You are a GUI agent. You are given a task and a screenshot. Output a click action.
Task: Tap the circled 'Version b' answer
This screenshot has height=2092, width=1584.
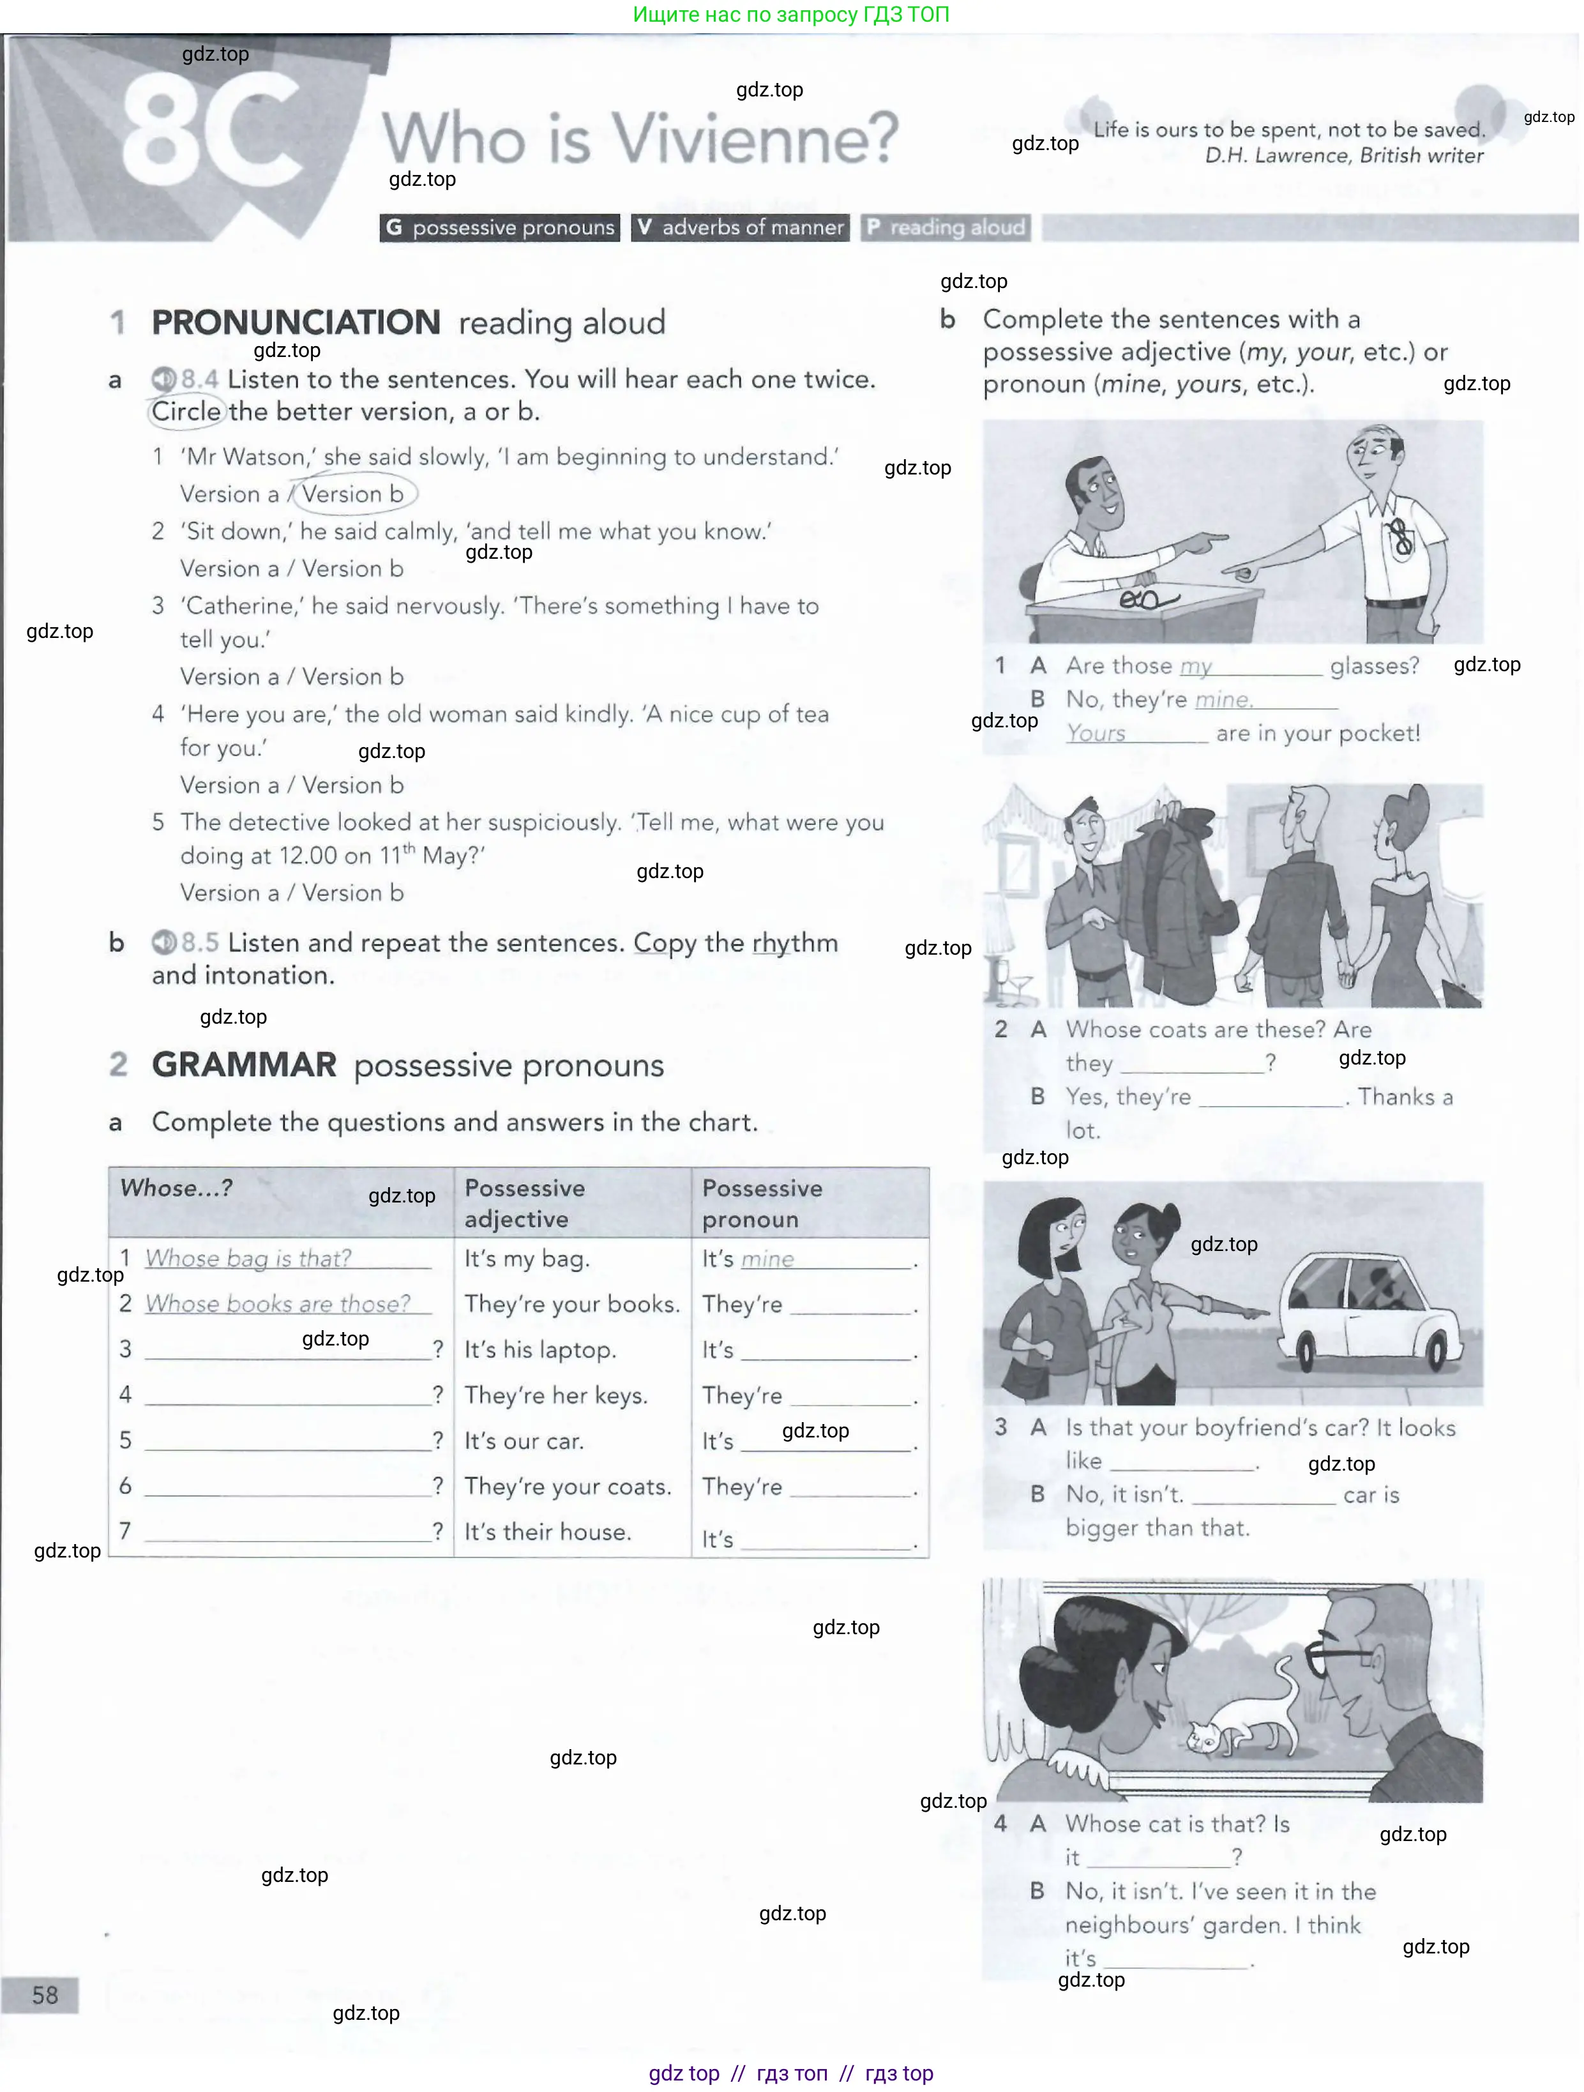(352, 494)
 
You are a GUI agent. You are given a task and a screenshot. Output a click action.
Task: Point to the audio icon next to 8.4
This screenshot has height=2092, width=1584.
(163, 379)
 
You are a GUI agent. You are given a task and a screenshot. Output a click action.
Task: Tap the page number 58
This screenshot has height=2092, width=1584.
(45, 1994)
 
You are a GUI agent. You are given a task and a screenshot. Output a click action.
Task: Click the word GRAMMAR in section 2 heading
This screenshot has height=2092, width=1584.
(244, 1065)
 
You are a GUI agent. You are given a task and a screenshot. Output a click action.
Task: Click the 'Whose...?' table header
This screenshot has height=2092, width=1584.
(177, 1188)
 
